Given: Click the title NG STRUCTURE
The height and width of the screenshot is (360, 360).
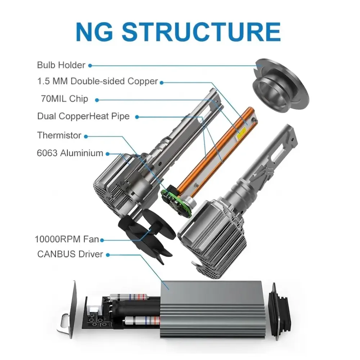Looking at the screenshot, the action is [x=178, y=32].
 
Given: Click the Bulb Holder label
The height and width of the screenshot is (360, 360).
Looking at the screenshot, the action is [x=61, y=65].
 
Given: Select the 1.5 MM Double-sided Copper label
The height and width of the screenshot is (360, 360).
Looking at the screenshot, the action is [x=98, y=81].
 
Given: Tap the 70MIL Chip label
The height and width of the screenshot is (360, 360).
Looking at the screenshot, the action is [x=64, y=99].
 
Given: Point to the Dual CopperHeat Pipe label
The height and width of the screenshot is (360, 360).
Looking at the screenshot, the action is [x=84, y=116].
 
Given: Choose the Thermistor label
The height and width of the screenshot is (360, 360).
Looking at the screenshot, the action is [x=59, y=135].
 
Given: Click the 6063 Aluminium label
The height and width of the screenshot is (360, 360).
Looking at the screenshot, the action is [x=70, y=153].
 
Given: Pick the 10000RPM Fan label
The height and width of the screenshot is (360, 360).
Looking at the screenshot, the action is [x=67, y=239].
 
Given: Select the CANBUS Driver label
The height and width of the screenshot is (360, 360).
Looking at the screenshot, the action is [x=70, y=254].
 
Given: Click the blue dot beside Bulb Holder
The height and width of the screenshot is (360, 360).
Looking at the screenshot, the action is [x=90, y=66].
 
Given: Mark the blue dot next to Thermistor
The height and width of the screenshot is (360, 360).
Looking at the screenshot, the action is [x=86, y=136].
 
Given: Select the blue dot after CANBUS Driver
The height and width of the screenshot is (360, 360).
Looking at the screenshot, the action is [x=108, y=255].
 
